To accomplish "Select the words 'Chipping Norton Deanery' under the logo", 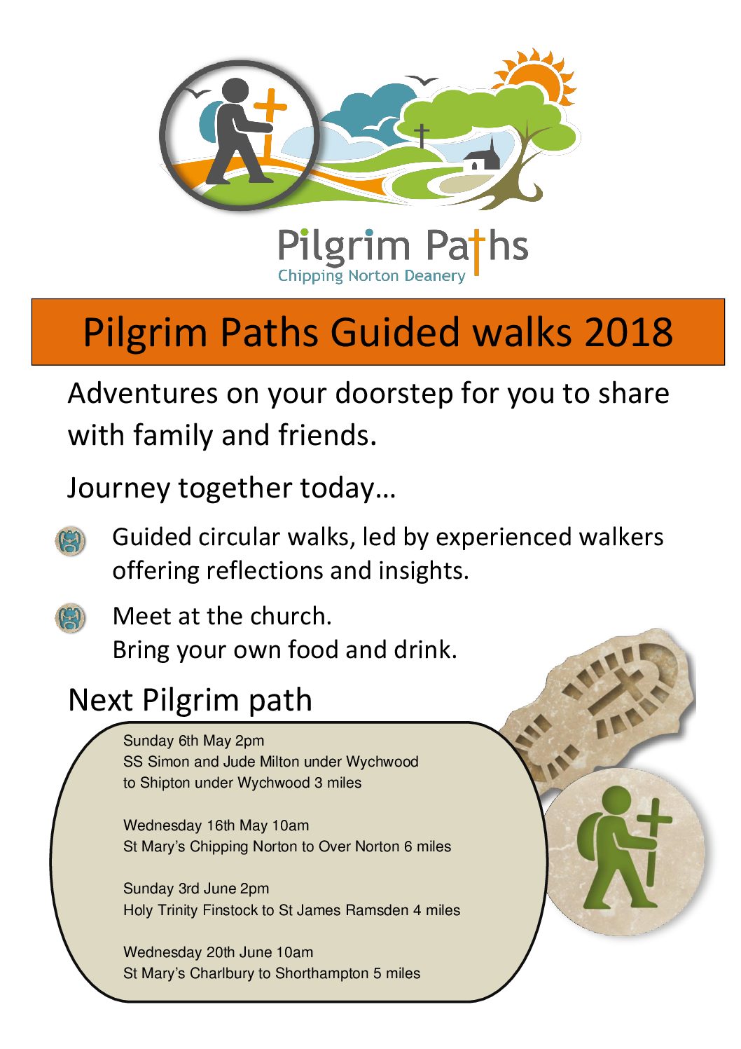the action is pyautogui.click(x=372, y=276).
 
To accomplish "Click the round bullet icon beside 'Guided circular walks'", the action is pyautogui.click(x=70, y=541).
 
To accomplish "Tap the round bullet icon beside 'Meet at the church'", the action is pyautogui.click(x=70, y=617).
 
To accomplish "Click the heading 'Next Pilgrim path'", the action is pyautogui.click(x=190, y=701).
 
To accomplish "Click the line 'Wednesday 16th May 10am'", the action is pyautogui.click(x=216, y=826).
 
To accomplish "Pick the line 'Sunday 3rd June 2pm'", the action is pyautogui.click(x=196, y=889).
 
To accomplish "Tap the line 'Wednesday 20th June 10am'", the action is pyautogui.click(x=218, y=952).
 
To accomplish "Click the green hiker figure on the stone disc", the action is pyautogui.click(x=623, y=848).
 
